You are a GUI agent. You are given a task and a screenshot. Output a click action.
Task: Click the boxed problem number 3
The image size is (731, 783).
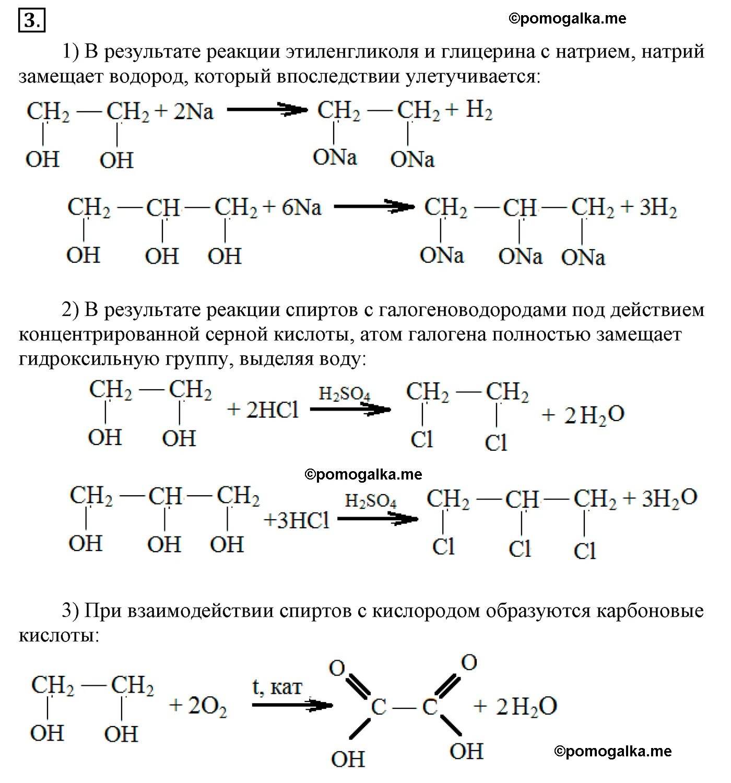(32, 21)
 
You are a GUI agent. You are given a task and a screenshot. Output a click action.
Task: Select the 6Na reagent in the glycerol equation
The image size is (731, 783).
(302, 208)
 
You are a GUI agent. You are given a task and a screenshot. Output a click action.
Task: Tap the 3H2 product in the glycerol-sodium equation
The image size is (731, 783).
(658, 208)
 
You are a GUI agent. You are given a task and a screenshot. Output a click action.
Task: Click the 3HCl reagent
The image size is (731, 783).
(297, 520)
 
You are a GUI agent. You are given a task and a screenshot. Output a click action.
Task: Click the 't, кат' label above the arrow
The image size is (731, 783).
(277, 686)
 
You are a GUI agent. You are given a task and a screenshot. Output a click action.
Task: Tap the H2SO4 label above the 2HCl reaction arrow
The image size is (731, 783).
(345, 394)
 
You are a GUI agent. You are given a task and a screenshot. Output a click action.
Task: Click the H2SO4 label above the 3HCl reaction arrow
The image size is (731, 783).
(371, 502)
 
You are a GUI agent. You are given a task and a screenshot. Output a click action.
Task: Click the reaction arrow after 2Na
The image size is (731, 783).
(266, 110)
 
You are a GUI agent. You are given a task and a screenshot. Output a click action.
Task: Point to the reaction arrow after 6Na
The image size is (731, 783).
(374, 207)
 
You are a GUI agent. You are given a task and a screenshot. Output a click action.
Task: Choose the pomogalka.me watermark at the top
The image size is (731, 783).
(567, 19)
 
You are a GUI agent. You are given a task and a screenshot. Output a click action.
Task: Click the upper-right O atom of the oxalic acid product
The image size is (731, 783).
(469, 662)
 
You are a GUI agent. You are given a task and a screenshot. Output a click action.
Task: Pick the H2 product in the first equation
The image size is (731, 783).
(479, 111)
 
